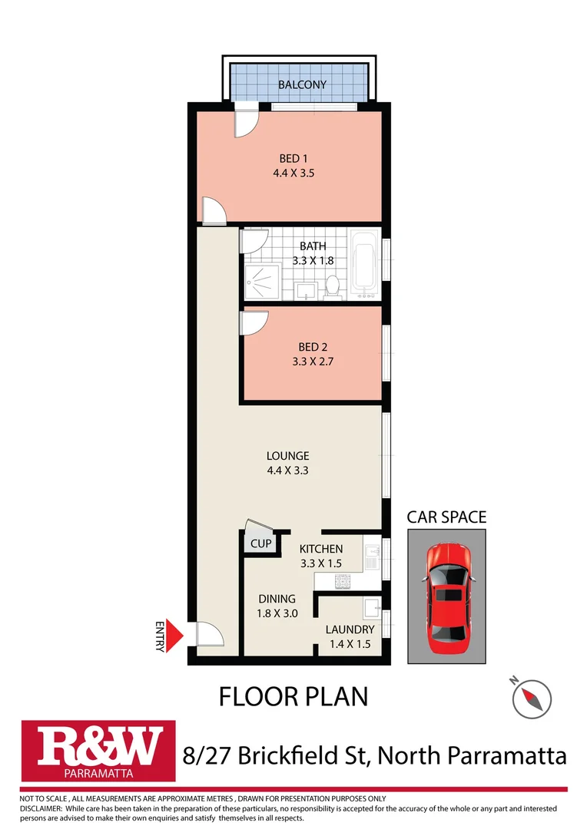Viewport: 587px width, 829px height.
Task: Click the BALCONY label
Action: click(x=302, y=84)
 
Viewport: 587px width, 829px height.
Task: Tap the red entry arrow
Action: click(x=176, y=636)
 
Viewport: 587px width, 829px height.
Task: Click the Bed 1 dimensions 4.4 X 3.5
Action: click(x=293, y=173)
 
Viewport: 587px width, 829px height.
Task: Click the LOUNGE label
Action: click(x=287, y=455)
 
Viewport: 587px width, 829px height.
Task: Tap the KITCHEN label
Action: click(x=320, y=549)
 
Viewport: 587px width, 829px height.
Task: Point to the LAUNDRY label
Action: click(x=349, y=629)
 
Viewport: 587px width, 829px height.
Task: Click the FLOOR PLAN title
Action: click(x=293, y=696)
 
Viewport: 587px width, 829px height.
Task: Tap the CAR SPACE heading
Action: click(x=446, y=517)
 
